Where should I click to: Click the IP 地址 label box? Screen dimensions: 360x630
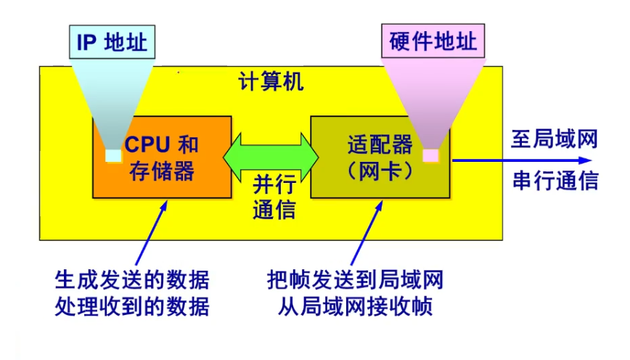point(112,42)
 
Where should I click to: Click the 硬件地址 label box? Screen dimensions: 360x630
point(433,41)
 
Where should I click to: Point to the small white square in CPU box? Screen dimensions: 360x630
point(113,155)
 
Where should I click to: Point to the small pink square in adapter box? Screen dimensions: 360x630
point(430,155)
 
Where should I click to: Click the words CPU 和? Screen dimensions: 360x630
point(161,143)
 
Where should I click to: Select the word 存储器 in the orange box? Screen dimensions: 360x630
point(161,171)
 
